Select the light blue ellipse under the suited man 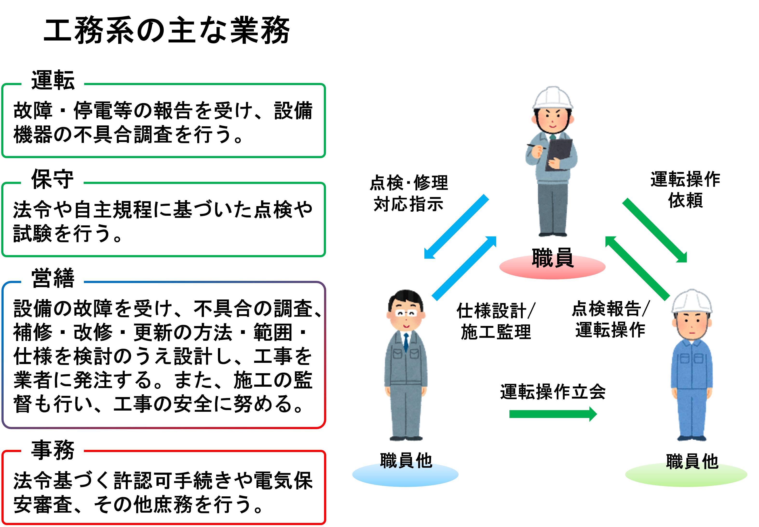(405, 475)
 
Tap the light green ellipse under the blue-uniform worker (686, 475)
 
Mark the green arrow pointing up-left (637, 268)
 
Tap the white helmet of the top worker (553, 97)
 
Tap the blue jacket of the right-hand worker (692, 365)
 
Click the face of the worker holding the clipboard (552, 120)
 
